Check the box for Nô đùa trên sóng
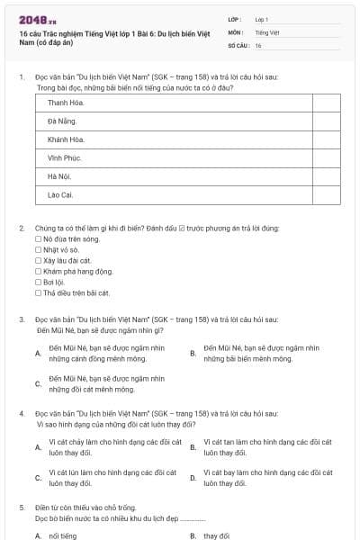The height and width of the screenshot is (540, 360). (x=38, y=239)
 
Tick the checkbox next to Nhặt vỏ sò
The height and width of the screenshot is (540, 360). (x=38, y=250)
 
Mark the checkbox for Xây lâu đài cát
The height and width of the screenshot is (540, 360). (x=38, y=260)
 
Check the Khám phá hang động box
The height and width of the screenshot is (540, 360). (x=38, y=271)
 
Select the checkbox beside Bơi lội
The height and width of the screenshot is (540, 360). (x=38, y=282)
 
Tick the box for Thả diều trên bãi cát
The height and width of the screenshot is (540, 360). (x=38, y=292)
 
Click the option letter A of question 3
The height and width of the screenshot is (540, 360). (x=37, y=353)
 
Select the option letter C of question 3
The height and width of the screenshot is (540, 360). (x=37, y=384)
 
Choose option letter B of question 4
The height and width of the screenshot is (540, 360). (x=193, y=447)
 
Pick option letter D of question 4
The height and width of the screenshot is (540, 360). (x=193, y=478)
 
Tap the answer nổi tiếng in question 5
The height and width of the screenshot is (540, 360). (x=63, y=535)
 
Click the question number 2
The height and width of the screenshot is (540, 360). (x=22, y=229)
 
